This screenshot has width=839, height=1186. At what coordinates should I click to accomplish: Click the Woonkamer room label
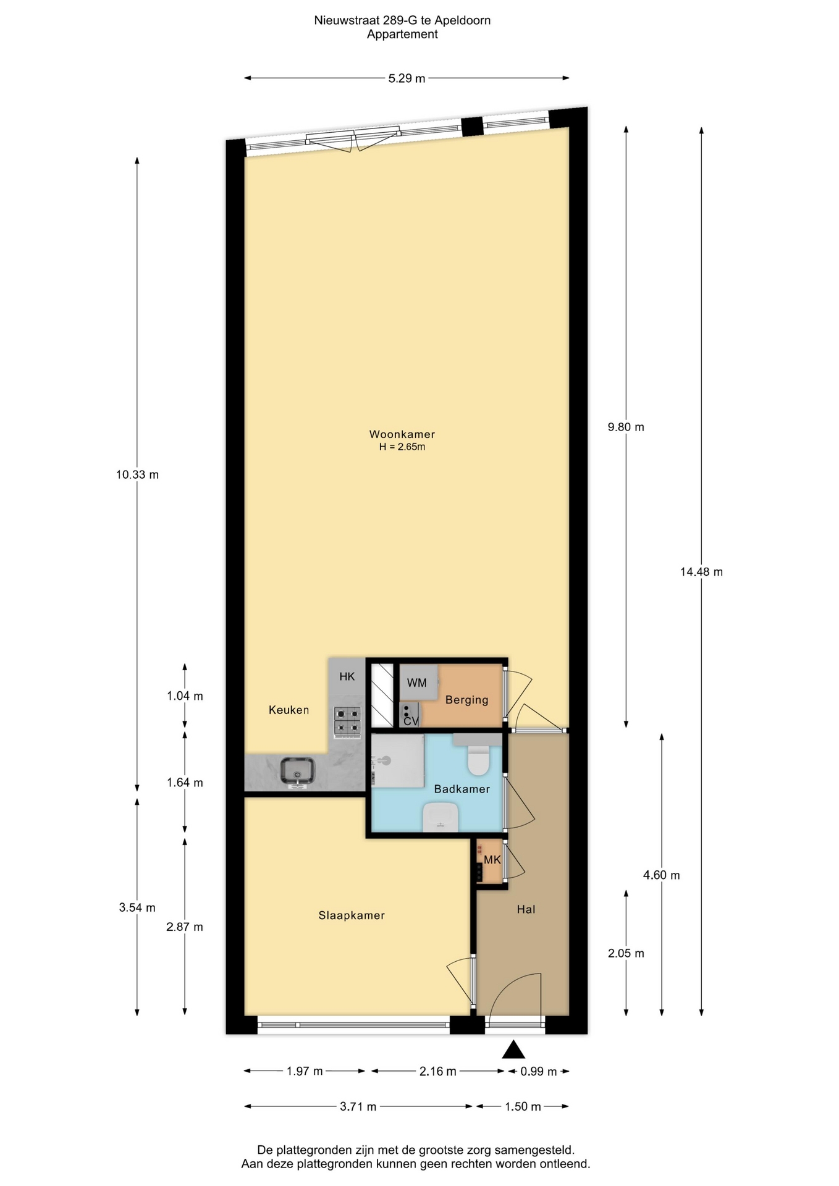[x=402, y=434]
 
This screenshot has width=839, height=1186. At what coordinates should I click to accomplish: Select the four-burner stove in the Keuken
[x=347, y=722]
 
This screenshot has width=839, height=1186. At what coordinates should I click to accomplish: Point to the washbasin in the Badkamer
[x=441, y=817]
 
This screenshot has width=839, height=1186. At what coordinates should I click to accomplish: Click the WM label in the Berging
[x=417, y=683]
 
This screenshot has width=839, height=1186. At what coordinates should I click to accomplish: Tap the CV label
[x=411, y=721]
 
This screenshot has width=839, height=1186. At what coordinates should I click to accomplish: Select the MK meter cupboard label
[x=492, y=860]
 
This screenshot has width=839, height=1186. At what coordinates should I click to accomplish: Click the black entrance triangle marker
[x=513, y=1049]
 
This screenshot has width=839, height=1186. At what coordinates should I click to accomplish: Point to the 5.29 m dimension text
[x=407, y=78]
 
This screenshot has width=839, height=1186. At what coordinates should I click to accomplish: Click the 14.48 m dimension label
[x=701, y=572]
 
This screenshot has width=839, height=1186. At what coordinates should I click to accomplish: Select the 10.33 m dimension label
[x=137, y=475]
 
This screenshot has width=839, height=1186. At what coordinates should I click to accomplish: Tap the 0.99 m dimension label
[x=538, y=1072]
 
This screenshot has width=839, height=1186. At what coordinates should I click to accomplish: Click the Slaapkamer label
[x=352, y=915]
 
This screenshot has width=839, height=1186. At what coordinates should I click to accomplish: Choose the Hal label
[x=526, y=909]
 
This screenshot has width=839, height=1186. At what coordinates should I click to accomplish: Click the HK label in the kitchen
[x=347, y=676]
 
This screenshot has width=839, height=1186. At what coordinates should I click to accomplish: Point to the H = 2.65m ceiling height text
[x=402, y=447]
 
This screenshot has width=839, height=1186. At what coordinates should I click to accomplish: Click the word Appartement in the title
[x=402, y=35]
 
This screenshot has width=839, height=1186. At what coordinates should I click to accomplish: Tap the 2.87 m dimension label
[x=185, y=927]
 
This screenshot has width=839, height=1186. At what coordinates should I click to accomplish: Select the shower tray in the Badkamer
[x=398, y=760]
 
